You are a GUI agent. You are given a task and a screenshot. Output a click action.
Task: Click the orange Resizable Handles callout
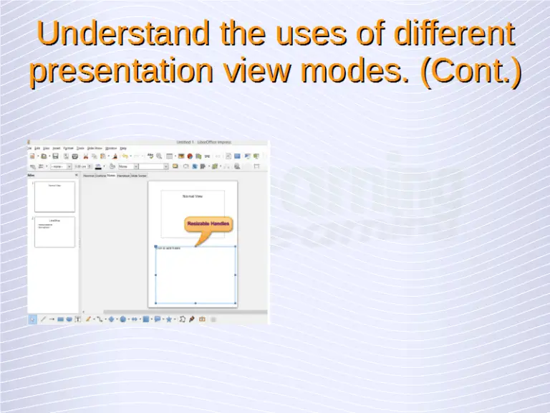tap(208, 224)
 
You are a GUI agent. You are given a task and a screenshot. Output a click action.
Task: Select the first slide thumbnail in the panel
tap(54, 195)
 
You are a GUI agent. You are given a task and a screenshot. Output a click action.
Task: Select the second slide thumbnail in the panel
tap(54, 232)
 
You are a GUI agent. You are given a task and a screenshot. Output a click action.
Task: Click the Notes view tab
tap(111, 175)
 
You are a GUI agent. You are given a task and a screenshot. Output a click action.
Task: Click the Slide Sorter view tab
tap(138, 175)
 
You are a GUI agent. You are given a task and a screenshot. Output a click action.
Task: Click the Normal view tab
tap(89, 175)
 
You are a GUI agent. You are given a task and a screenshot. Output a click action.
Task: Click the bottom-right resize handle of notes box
tap(236, 303)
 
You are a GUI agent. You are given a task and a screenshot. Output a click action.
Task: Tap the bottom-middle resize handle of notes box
tap(196, 303)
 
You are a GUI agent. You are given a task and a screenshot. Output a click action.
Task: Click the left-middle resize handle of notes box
tap(155, 275)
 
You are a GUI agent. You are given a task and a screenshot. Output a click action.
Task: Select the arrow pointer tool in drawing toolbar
tap(32, 319)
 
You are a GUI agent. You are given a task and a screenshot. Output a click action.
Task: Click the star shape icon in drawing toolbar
tap(169, 319)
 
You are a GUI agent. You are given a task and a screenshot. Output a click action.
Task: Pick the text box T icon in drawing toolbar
tap(78, 319)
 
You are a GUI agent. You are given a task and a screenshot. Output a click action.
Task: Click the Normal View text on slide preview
tap(193, 196)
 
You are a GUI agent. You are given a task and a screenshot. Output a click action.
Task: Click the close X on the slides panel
tap(76, 175)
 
